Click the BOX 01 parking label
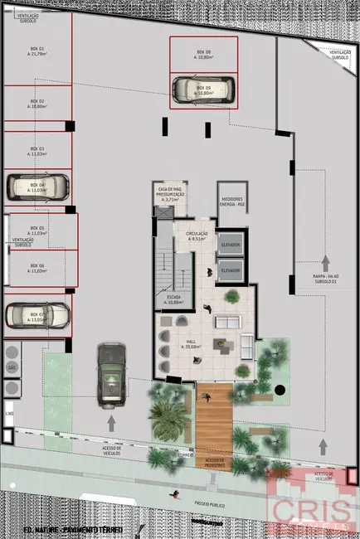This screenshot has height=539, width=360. click(x=36, y=51)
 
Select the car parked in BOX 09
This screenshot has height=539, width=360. click(x=203, y=89)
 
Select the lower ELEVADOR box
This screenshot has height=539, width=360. click(x=230, y=270)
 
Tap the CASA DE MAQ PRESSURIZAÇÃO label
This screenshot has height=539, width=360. click(x=171, y=196)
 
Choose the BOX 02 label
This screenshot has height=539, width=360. click(x=36, y=104)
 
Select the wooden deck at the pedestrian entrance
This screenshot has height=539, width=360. click(x=214, y=422)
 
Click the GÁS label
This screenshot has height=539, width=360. click(x=12, y=366)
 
